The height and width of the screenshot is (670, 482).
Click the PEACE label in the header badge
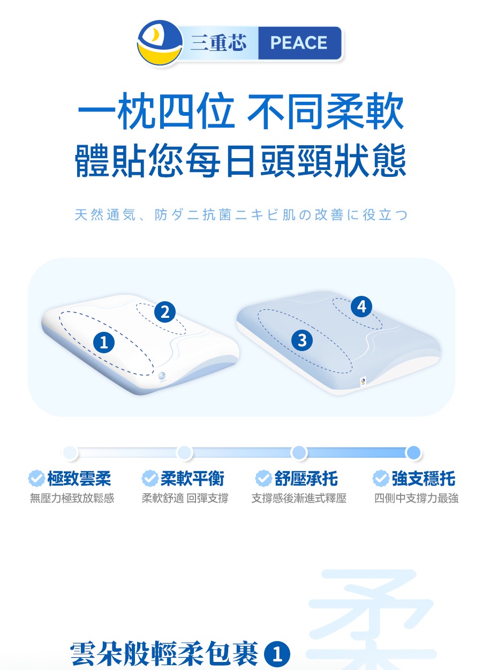coord(298,42)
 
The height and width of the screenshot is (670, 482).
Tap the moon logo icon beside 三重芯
coord(160,43)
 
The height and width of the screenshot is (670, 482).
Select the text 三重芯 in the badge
coord(219,42)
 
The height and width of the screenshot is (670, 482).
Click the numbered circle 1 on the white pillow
coord(104,343)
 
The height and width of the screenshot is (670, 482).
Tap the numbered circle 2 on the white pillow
coord(164,312)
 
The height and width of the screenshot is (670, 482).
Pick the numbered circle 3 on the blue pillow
coord(302,340)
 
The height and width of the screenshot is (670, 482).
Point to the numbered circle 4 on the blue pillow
coord(361,307)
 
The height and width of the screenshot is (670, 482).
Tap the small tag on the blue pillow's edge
coord(363,382)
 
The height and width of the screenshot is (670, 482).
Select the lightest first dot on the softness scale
coord(70,452)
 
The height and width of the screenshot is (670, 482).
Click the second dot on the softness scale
coord(184,452)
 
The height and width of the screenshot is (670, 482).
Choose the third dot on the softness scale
coord(299,452)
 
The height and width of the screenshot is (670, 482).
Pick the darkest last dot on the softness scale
coord(413,452)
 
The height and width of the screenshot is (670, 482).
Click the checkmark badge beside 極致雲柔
coord(36,479)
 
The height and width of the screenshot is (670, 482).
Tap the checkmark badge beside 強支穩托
coord(381,479)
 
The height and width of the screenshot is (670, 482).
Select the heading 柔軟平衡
coord(192,479)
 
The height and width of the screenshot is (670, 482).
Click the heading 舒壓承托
coord(306,479)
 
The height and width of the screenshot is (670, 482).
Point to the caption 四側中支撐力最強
coord(416,498)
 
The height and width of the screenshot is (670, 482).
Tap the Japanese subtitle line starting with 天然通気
coord(241,215)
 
